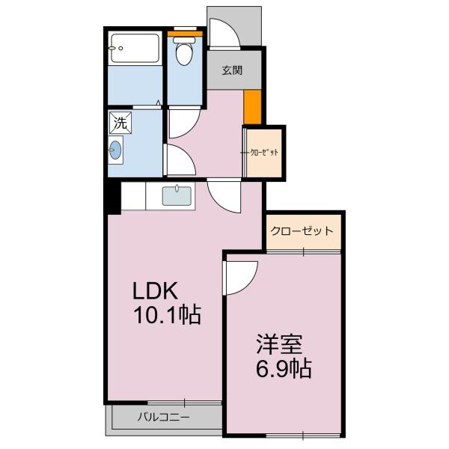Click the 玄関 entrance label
232,70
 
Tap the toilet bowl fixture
184,51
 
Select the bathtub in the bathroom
135,49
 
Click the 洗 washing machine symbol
120,123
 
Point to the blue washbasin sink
116,150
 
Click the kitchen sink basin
177,196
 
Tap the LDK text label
155,290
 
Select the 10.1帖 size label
168,314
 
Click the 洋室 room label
279,344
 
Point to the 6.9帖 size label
284,368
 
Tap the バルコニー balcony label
163,417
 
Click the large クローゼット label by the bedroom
302,230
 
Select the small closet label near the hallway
264,153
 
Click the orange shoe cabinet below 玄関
253,107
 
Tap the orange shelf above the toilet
185,34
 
